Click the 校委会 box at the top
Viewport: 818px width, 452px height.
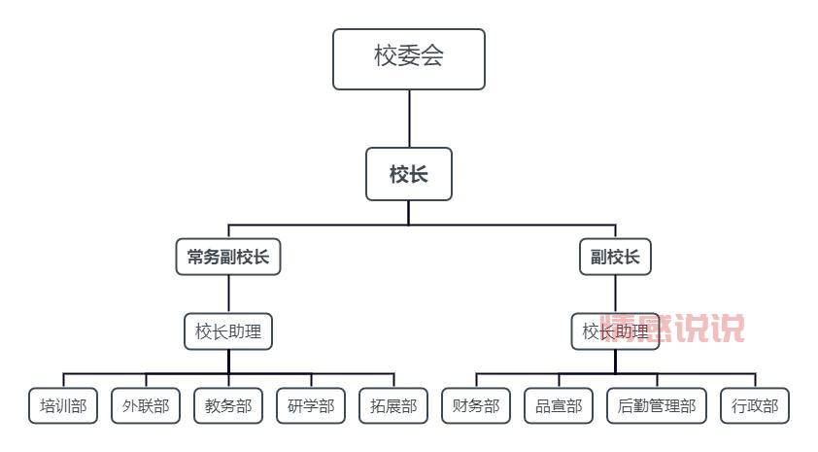(408, 58)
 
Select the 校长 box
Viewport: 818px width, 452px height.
(408, 174)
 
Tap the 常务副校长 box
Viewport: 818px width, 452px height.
(228, 258)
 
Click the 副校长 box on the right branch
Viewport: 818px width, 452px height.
(615, 258)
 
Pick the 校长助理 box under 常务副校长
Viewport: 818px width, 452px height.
(228, 331)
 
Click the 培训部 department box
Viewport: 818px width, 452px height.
(63, 406)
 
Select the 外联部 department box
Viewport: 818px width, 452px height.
(146, 406)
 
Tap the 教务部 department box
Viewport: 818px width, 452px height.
(228, 406)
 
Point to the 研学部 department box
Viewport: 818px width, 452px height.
(311, 406)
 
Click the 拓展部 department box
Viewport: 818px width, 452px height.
(393, 406)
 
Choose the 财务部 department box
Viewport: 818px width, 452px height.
(476, 406)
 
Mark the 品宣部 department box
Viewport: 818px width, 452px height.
(559, 406)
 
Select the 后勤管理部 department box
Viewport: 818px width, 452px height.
(657, 406)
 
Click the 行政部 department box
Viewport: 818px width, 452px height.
(755, 406)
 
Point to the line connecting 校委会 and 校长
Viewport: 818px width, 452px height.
(409, 119)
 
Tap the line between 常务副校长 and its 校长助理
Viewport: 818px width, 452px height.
(229, 295)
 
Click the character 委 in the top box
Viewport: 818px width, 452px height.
(409, 55)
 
